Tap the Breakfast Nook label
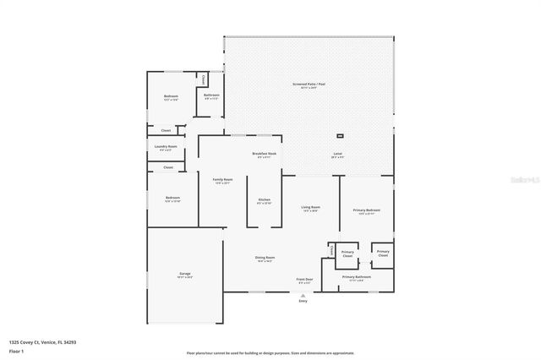264,155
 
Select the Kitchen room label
264,201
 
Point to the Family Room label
222,181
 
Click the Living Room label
310,208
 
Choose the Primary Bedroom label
366,211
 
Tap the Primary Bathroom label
357,278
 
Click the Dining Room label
265,259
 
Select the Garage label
184,275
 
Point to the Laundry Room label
166,148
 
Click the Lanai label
337,155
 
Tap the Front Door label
304,280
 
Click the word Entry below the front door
303,300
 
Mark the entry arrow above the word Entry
303,294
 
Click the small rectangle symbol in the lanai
340,135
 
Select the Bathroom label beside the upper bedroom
211,95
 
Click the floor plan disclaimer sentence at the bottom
270,353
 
